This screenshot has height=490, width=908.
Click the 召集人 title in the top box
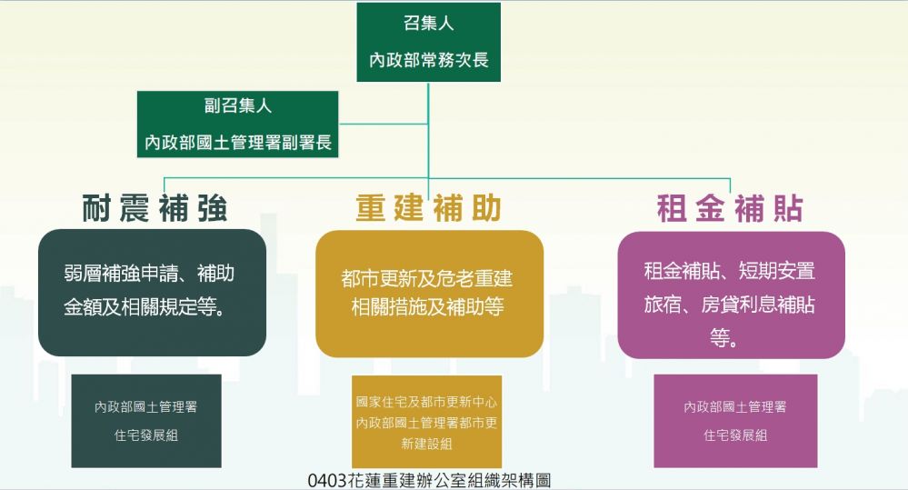click(428, 24)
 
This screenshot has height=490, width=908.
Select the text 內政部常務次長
click(428, 60)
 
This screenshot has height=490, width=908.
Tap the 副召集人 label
click(237, 105)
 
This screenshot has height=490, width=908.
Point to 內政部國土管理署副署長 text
click(237, 142)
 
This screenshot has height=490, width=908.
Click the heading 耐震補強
click(155, 208)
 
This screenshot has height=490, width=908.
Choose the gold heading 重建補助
click(428, 208)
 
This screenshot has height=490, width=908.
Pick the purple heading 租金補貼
click(730, 208)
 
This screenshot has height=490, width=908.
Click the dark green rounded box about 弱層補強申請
click(153, 293)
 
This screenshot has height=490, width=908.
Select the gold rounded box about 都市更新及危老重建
click(429, 294)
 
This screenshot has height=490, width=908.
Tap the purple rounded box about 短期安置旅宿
click(732, 295)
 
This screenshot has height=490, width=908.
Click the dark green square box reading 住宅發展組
click(146, 421)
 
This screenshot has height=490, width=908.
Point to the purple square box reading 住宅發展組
click(735, 421)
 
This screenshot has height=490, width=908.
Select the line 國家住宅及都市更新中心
click(427, 402)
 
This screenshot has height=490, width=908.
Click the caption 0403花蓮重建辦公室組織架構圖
click(429, 481)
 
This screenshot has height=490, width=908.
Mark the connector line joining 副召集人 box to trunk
click(384, 124)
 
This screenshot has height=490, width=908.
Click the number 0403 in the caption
click(328, 481)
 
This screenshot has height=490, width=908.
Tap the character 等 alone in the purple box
click(721, 337)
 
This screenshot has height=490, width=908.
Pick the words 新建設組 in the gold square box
click(427, 445)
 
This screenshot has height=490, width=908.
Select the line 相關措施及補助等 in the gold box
click(427, 307)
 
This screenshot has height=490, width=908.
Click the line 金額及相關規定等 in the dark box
click(145, 307)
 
